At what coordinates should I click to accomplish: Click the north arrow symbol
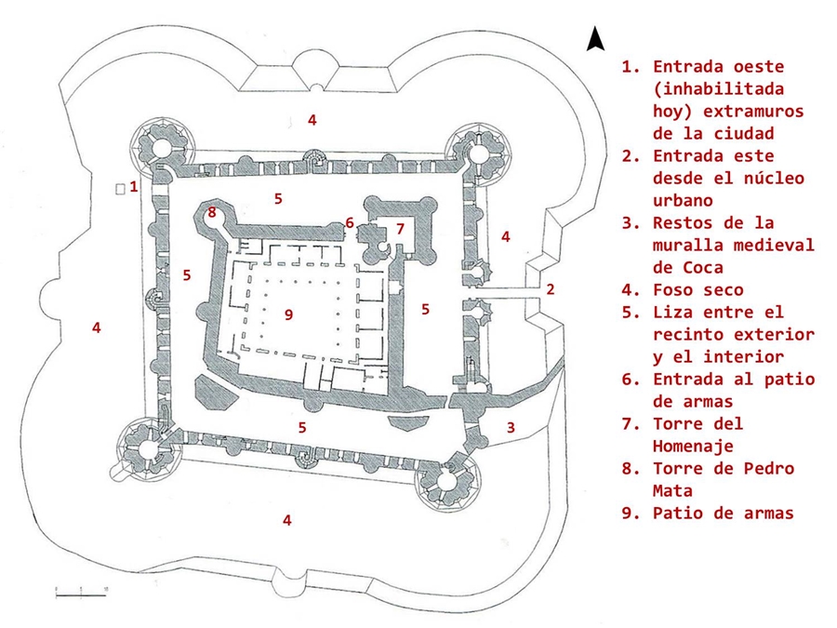pyautogui.click(x=595, y=38)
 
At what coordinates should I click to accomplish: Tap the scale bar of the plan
pyautogui.click(x=82, y=590)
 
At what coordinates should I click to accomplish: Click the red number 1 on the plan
pyautogui.click(x=134, y=186)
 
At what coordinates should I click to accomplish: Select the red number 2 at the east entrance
pyautogui.click(x=551, y=289)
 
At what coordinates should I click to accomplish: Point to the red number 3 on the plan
pyautogui.click(x=511, y=427)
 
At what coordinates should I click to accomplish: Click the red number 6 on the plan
pyautogui.click(x=350, y=223)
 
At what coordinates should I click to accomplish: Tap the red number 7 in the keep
pyautogui.click(x=400, y=228)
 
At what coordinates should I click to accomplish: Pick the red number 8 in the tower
pyautogui.click(x=212, y=213)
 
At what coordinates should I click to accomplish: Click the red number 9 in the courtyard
pyautogui.click(x=288, y=314)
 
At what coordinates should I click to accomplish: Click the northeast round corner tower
pyautogui.click(x=478, y=150)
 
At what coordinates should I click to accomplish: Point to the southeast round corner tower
pyautogui.click(x=444, y=479)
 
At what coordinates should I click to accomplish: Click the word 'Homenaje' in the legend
pyautogui.click(x=692, y=446)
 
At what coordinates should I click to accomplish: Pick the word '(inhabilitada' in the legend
pyautogui.click(x=718, y=89)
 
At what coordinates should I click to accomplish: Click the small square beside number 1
pyautogui.click(x=119, y=189)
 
